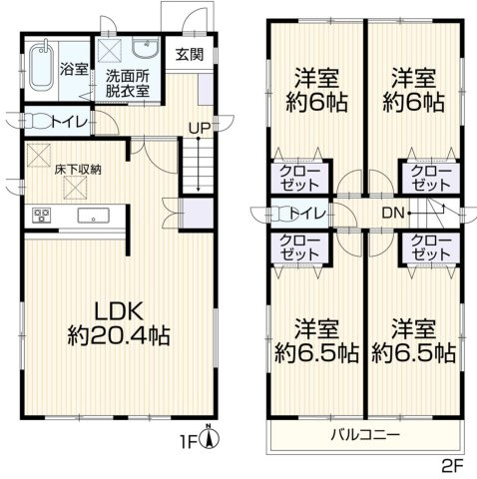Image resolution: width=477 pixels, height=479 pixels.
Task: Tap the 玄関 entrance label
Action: tap(191, 55)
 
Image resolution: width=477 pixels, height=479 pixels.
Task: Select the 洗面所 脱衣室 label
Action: tap(128, 80)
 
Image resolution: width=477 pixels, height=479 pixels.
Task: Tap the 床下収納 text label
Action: tap(74, 170)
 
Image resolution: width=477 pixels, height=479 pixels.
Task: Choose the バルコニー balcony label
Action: tap(365, 436)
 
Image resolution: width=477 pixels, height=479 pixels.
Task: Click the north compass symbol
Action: tap(208, 435)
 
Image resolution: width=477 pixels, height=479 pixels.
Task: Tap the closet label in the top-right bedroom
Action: tap(430, 179)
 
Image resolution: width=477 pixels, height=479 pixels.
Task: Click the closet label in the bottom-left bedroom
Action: tap(295, 246)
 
